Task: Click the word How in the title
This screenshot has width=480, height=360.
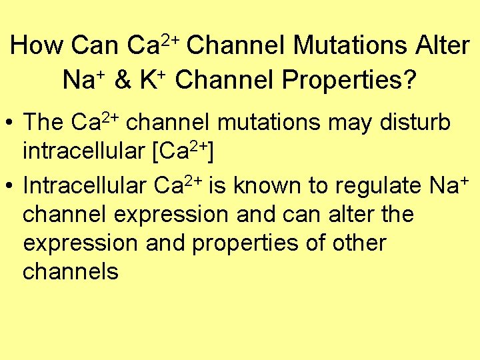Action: pos(37,46)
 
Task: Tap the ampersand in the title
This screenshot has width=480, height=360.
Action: pos(122,80)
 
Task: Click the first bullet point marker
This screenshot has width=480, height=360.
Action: pos(11,123)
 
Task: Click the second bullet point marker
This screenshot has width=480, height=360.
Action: pos(11,187)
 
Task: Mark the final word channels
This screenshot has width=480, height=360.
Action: pos(70,271)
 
